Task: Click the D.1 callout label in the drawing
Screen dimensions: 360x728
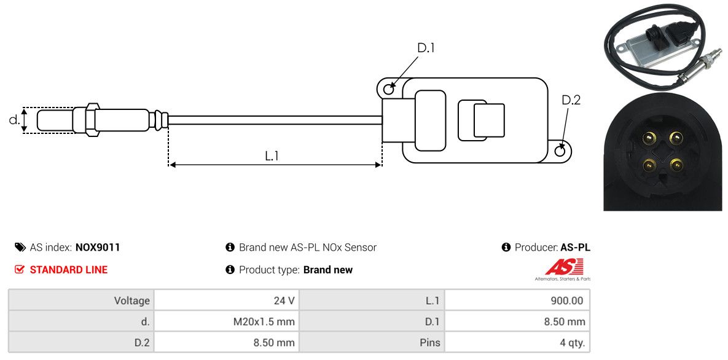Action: pos(426,48)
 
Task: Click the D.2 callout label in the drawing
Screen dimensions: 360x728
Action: pos(571,100)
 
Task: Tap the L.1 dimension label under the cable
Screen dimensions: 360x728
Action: pos(272,156)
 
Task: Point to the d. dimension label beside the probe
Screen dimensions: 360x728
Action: pos(14,120)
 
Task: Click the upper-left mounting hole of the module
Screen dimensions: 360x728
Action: pos(389,90)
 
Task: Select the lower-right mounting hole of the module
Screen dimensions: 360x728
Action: pos(560,151)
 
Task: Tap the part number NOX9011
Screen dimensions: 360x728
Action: pos(98,248)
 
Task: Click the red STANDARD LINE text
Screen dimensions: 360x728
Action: pos(68,270)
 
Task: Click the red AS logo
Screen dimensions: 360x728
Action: pos(564,267)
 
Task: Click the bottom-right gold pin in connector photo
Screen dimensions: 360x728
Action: pos(676,165)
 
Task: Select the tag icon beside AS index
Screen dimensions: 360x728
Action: pos(20,248)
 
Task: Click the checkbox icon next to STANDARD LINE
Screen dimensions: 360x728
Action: pos(20,270)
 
